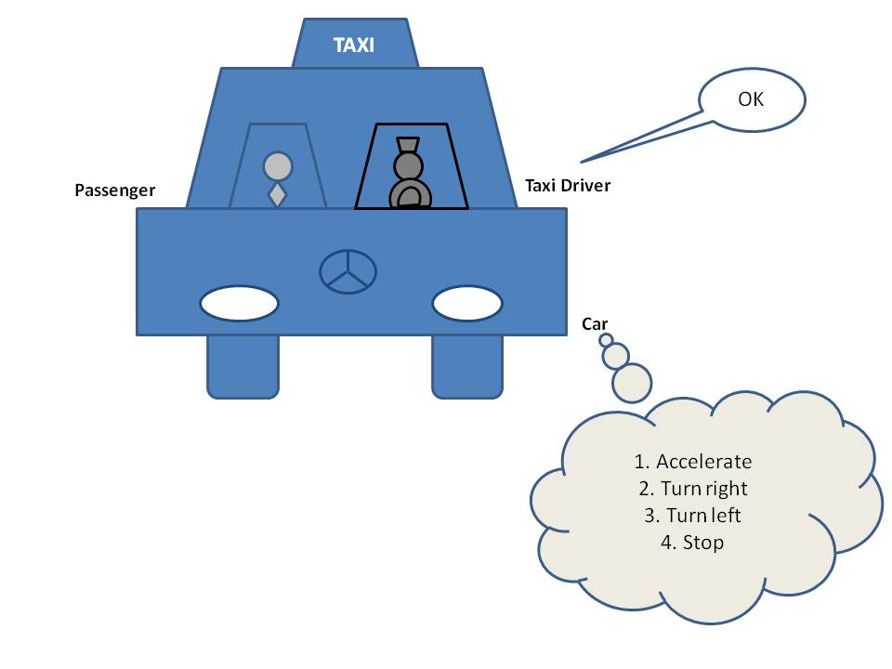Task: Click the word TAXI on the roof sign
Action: click(x=354, y=44)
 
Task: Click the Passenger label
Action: click(x=115, y=191)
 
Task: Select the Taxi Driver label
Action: click(x=568, y=185)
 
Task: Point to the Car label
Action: click(x=595, y=323)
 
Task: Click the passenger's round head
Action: click(x=278, y=166)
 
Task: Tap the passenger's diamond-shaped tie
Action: click(x=277, y=195)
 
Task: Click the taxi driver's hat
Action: click(x=408, y=146)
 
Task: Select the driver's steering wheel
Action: click(x=409, y=195)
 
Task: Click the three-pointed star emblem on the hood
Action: click(x=348, y=272)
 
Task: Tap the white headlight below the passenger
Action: click(x=239, y=303)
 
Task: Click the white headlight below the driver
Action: click(x=467, y=303)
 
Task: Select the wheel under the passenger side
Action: click(x=243, y=366)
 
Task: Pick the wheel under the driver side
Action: click(x=467, y=366)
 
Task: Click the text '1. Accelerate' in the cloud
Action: click(x=693, y=462)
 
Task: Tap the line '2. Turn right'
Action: click(x=693, y=489)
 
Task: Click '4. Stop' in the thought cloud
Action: click(x=693, y=542)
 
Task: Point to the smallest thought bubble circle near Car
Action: click(x=606, y=340)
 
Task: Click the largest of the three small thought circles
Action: click(x=632, y=382)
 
